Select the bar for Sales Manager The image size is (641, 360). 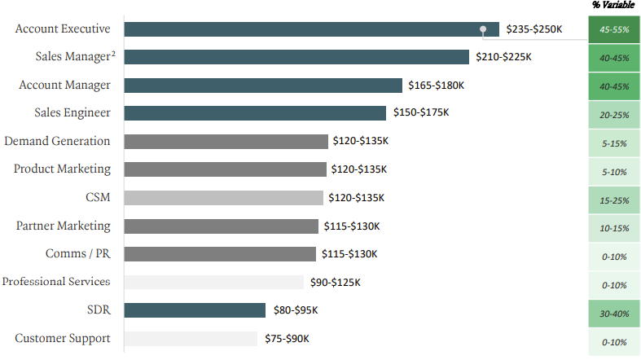pyautogui.click(x=296, y=57)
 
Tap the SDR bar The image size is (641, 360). pyautogui.click(x=195, y=310)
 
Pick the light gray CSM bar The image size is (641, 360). pyautogui.click(x=223, y=198)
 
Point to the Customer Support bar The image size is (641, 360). pyautogui.click(x=191, y=339)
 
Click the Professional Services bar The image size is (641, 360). pyautogui.click(x=214, y=283)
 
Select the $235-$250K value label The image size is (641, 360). pyautogui.click(x=533, y=29)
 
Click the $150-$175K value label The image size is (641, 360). pyautogui.click(x=420, y=112)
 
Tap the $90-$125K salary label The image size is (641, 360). pyautogui.click(x=335, y=283)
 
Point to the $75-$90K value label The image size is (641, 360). pyautogui.click(x=287, y=339)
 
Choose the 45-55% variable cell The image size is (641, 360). pyautogui.click(x=613, y=29)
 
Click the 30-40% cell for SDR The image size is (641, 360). pyautogui.click(x=613, y=314)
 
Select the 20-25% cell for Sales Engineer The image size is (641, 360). pyautogui.click(x=613, y=115)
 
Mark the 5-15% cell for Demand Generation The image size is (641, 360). pyautogui.click(x=613, y=143)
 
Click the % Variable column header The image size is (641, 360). pyautogui.click(x=613, y=6)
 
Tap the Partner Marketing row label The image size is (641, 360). pyautogui.click(x=64, y=226)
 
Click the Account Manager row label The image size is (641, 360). pyautogui.click(x=64, y=85)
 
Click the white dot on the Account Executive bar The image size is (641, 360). pyautogui.click(x=483, y=29)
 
